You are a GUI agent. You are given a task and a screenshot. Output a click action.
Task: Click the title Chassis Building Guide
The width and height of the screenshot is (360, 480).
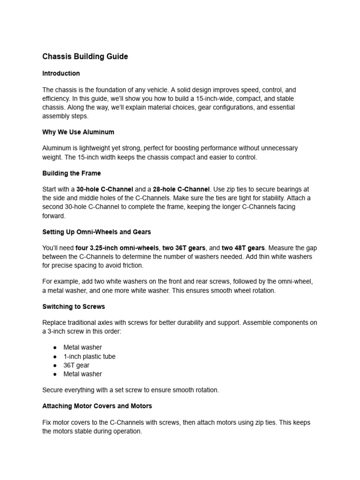pos(85,57)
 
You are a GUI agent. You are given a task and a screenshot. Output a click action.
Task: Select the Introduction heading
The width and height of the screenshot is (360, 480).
pos(61,74)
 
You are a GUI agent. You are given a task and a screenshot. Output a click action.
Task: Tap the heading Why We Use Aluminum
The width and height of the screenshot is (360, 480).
pos(78,132)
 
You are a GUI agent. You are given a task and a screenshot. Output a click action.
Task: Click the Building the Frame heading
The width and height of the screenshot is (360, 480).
pos(71,173)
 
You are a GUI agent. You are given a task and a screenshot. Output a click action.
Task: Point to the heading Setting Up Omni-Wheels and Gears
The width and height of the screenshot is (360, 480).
pos(97,232)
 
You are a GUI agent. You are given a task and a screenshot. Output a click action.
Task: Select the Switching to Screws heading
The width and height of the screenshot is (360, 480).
pos(74,307)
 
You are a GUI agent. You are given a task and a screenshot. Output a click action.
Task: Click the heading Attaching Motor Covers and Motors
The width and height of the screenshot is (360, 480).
pos(97,406)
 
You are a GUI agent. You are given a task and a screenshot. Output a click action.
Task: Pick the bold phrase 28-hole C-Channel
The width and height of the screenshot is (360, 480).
pos(181,189)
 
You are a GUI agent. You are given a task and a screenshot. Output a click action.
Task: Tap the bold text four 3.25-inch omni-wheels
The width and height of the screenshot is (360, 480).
pos(118,248)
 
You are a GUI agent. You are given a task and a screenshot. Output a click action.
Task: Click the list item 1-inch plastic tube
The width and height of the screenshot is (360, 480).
pos(89,356)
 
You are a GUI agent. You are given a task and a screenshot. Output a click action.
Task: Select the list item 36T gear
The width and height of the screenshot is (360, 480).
pos(76,365)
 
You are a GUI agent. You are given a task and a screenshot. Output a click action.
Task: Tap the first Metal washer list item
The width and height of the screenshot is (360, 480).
pos(82,347)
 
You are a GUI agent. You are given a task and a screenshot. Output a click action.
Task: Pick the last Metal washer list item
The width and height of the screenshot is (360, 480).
pos(82,374)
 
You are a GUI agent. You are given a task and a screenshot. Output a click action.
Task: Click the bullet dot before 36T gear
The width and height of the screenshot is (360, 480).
pos(55,365)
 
